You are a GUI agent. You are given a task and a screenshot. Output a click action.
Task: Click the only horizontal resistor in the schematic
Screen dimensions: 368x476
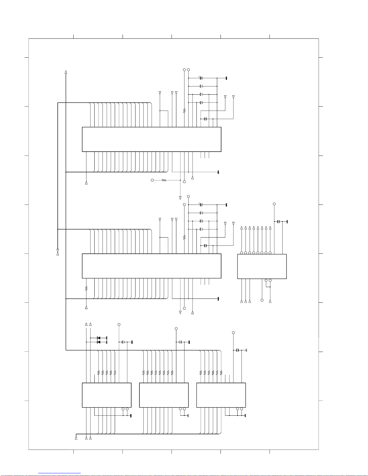point(164,180)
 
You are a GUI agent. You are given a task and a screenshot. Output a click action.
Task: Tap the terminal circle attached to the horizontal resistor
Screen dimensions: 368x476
point(152,180)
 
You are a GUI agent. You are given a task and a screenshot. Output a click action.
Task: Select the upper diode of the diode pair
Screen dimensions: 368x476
point(99,338)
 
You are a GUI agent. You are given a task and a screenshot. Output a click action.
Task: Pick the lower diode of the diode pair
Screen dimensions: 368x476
point(99,342)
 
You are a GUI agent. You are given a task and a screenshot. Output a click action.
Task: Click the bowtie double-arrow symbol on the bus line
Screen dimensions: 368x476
point(58,252)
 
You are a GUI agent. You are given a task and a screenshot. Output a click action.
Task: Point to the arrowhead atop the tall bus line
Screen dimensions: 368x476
point(66,72)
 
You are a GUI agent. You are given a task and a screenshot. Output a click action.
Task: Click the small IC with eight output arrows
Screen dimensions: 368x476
point(262,266)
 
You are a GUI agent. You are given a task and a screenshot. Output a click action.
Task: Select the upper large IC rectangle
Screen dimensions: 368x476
point(151,139)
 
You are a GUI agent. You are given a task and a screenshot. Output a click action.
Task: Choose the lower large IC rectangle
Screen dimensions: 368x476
point(151,266)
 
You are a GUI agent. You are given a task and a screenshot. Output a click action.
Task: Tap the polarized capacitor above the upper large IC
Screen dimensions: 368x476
point(201,78)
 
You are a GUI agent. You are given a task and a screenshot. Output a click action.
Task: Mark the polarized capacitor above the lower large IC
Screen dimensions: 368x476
point(201,205)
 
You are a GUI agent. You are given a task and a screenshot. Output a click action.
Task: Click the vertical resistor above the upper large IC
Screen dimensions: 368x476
point(184,111)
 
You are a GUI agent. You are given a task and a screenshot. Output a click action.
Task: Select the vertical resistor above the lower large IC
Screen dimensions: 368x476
point(184,237)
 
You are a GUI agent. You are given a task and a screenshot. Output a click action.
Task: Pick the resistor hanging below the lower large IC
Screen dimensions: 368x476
point(86,288)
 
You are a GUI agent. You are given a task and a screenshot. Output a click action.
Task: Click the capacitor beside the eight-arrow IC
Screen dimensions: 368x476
point(278,222)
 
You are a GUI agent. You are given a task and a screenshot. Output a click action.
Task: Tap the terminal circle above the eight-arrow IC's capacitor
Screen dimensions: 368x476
point(274,204)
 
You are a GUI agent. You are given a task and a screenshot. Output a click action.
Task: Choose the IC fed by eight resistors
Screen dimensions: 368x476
point(164,395)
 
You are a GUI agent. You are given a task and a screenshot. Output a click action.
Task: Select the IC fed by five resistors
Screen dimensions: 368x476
point(107,395)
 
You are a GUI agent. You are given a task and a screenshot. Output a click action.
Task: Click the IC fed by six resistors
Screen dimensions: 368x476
point(221,395)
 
